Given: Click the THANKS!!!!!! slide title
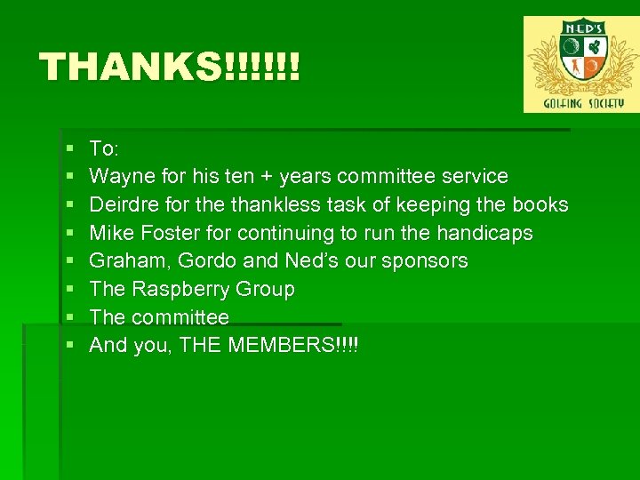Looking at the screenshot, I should [x=170, y=67].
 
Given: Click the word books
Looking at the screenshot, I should [x=540, y=204].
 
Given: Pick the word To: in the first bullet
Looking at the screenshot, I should [x=106, y=148].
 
